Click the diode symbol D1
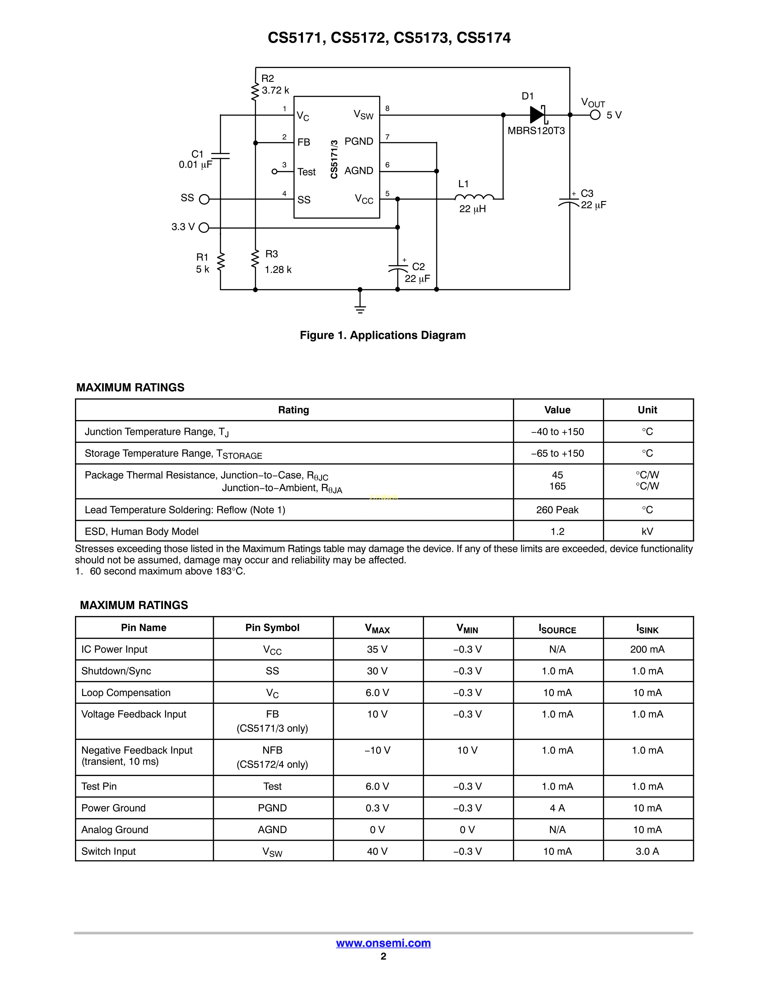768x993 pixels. [537, 115]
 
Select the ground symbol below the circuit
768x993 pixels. [360, 309]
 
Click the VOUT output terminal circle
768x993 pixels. [595, 115]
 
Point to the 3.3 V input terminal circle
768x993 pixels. [204, 227]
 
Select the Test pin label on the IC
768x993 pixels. [306, 172]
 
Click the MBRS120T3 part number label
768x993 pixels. [536, 131]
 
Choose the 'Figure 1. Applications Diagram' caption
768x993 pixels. [382, 335]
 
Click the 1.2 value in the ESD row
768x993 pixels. [557, 531]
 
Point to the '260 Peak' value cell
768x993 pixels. [557, 510]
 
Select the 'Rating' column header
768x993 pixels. [293, 410]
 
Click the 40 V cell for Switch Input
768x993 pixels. [377, 851]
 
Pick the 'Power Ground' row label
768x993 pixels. [113, 808]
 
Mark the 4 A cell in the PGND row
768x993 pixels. [557, 808]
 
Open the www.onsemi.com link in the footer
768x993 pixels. [383, 943]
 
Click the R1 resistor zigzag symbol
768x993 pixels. [221, 262]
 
